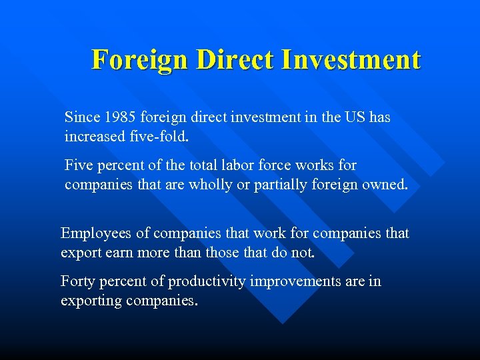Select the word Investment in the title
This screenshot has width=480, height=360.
click(x=351, y=59)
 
